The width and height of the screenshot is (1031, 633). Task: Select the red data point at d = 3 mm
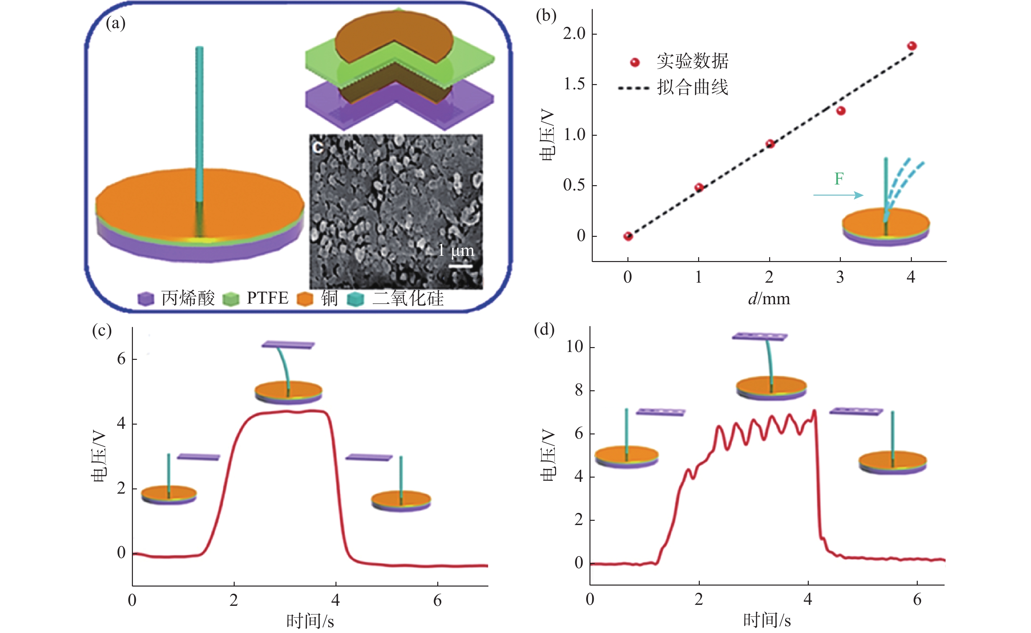[x=841, y=111]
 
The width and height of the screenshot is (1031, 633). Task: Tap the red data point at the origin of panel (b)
[x=628, y=237]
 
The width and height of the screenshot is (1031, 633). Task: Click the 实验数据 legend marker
[x=635, y=62]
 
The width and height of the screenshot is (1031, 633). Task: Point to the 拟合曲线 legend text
[x=692, y=87]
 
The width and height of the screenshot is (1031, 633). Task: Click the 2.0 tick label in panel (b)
[x=574, y=33]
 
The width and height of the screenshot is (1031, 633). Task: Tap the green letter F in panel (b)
[x=839, y=179]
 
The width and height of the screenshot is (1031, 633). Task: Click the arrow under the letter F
[x=838, y=195]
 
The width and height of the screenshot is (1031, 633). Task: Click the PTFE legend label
[x=267, y=298]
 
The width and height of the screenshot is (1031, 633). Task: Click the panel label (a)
[x=116, y=24]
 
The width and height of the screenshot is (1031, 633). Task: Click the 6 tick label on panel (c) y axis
[x=121, y=359]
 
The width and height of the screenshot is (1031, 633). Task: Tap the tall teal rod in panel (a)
[x=199, y=126]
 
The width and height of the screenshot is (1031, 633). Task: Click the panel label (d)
[x=544, y=330]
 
